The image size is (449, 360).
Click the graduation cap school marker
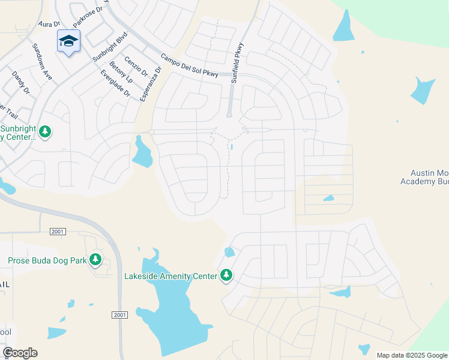click(68, 41)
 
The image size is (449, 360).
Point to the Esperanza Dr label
click(151, 83)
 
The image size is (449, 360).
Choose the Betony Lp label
click(121, 72)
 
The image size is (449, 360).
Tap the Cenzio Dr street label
click(136, 65)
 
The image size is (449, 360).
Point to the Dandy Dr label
click(21, 83)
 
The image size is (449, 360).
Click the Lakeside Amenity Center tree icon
click(226, 275)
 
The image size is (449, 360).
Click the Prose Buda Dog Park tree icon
click(95, 260)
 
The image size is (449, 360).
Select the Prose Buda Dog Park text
click(47, 260)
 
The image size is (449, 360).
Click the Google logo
click(20, 353)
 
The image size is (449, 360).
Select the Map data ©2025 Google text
click(411, 355)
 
